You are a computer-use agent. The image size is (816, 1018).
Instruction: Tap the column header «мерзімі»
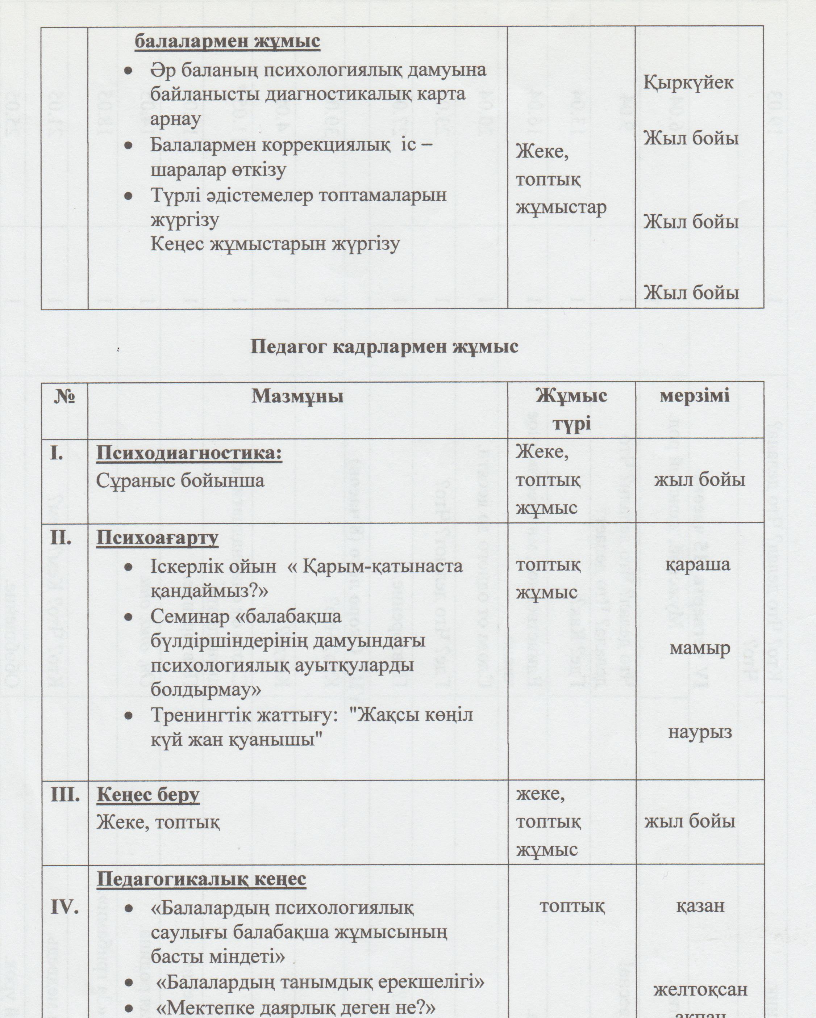(x=695, y=395)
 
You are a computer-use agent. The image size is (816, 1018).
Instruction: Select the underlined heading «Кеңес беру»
(x=148, y=795)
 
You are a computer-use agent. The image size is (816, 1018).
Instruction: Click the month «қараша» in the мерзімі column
(x=698, y=565)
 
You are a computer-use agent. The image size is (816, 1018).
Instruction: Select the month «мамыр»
(x=699, y=648)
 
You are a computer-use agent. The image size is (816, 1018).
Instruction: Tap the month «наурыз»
(x=700, y=732)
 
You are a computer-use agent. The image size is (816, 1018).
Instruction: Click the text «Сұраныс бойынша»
(x=180, y=481)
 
